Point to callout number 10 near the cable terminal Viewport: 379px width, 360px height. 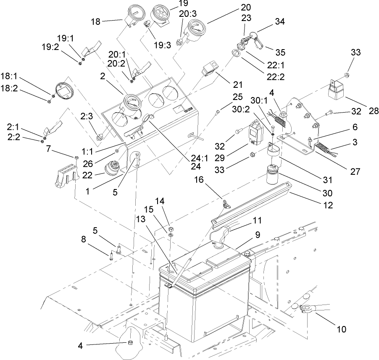click(342, 329)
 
